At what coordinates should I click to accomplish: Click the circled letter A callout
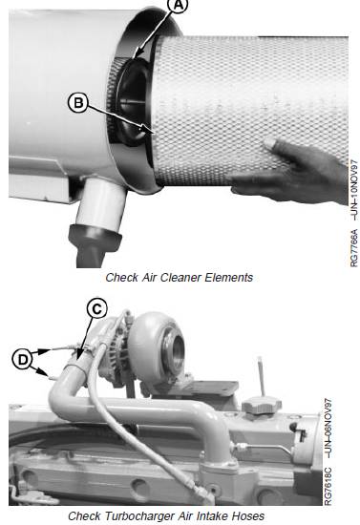tap(179, 5)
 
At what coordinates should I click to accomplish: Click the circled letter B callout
tap(78, 103)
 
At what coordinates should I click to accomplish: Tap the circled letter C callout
tap(96, 309)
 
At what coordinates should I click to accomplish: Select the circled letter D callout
tap(23, 360)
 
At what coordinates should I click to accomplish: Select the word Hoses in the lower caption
tap(249, 516)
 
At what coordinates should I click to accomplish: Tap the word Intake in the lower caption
tap(214, 516)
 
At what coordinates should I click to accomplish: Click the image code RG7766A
tap(354, 248)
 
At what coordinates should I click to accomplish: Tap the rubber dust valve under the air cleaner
tap(95, 245)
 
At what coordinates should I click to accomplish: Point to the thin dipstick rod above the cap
tap(261, 376)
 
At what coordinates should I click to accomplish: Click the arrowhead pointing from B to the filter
tap(147, 130)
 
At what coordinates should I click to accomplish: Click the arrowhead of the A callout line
tap(138, 52)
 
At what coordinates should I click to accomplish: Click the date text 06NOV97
tap(328, 429)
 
